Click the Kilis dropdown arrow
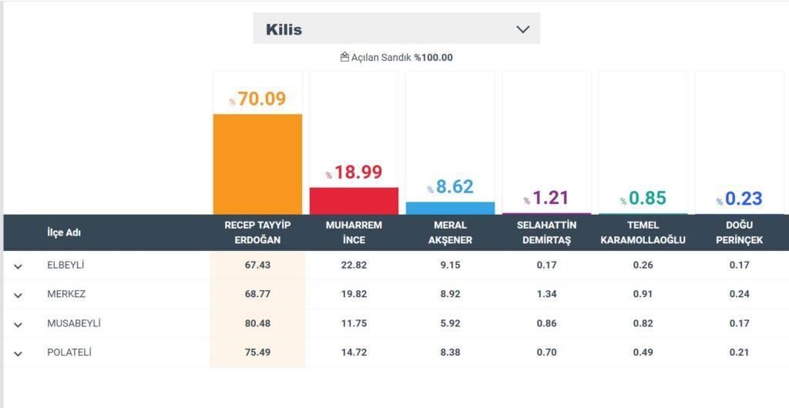click(x=523, y=29)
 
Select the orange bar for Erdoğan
click(x=257, y=164)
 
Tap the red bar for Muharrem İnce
click(x=354, y=200)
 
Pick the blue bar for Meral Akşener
click(x=450, y=208)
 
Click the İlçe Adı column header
click(x=64, y=232)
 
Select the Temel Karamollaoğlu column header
click(x=643, y=232)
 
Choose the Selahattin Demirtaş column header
click(x=546, y=232)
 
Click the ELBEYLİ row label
click(x=65, y=265)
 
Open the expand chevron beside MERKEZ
click(x=18, y=296)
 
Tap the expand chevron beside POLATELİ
click(x=18, y=354)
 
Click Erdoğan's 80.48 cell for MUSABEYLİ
click(x=257, y=323)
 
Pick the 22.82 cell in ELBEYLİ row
click(x=354, y=265)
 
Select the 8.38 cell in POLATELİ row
click(x=450, y=353)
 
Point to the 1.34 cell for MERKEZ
click(x=546, y=294)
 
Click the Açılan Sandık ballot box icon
click(x=344, y=57)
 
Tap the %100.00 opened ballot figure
click(x=433, y=58)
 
